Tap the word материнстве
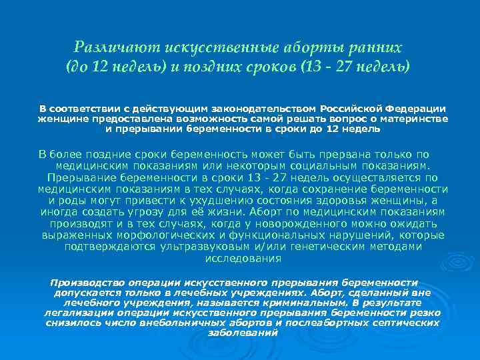click(x=415, y=119)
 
